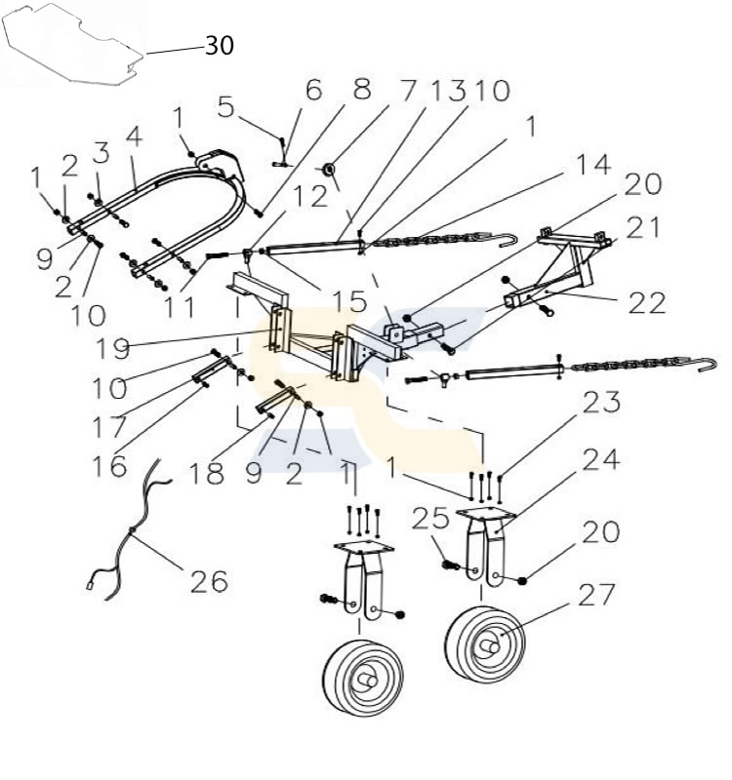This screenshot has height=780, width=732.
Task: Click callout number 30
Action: (x=219, y=46)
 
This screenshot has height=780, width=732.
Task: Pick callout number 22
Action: (x=646, y=303)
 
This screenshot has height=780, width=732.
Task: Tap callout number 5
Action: (x=226, y=105)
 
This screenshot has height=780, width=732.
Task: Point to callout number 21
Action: (x=643, y=228)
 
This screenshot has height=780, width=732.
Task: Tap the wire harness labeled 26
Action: (x=137, y=526)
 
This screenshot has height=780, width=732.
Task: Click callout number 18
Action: (x=208, y=475)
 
